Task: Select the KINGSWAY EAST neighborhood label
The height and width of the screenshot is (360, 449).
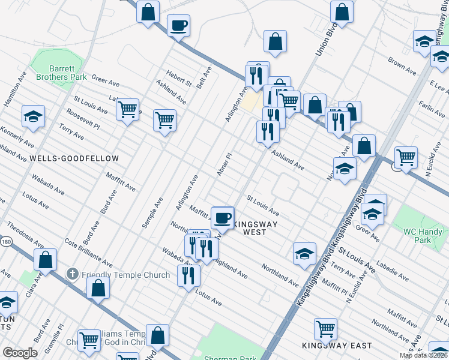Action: (x=337, y=346)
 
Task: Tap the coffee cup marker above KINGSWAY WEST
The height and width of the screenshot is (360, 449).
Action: (x=223, y=218)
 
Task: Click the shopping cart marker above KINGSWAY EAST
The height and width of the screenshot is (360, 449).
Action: (x=325, y=329)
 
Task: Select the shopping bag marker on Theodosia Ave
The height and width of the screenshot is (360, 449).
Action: (x=45, y=260)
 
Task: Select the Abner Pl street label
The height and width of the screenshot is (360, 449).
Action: (x=224, y=164)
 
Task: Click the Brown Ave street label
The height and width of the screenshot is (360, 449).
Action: (x=402, y=66)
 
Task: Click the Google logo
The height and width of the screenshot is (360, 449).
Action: (x=20, y=353)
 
